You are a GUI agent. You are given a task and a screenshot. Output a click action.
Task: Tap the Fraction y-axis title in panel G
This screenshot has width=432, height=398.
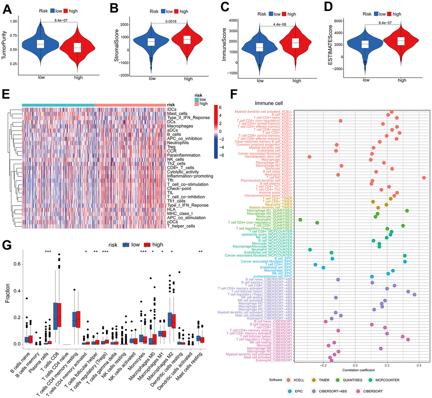pos(8,296)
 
